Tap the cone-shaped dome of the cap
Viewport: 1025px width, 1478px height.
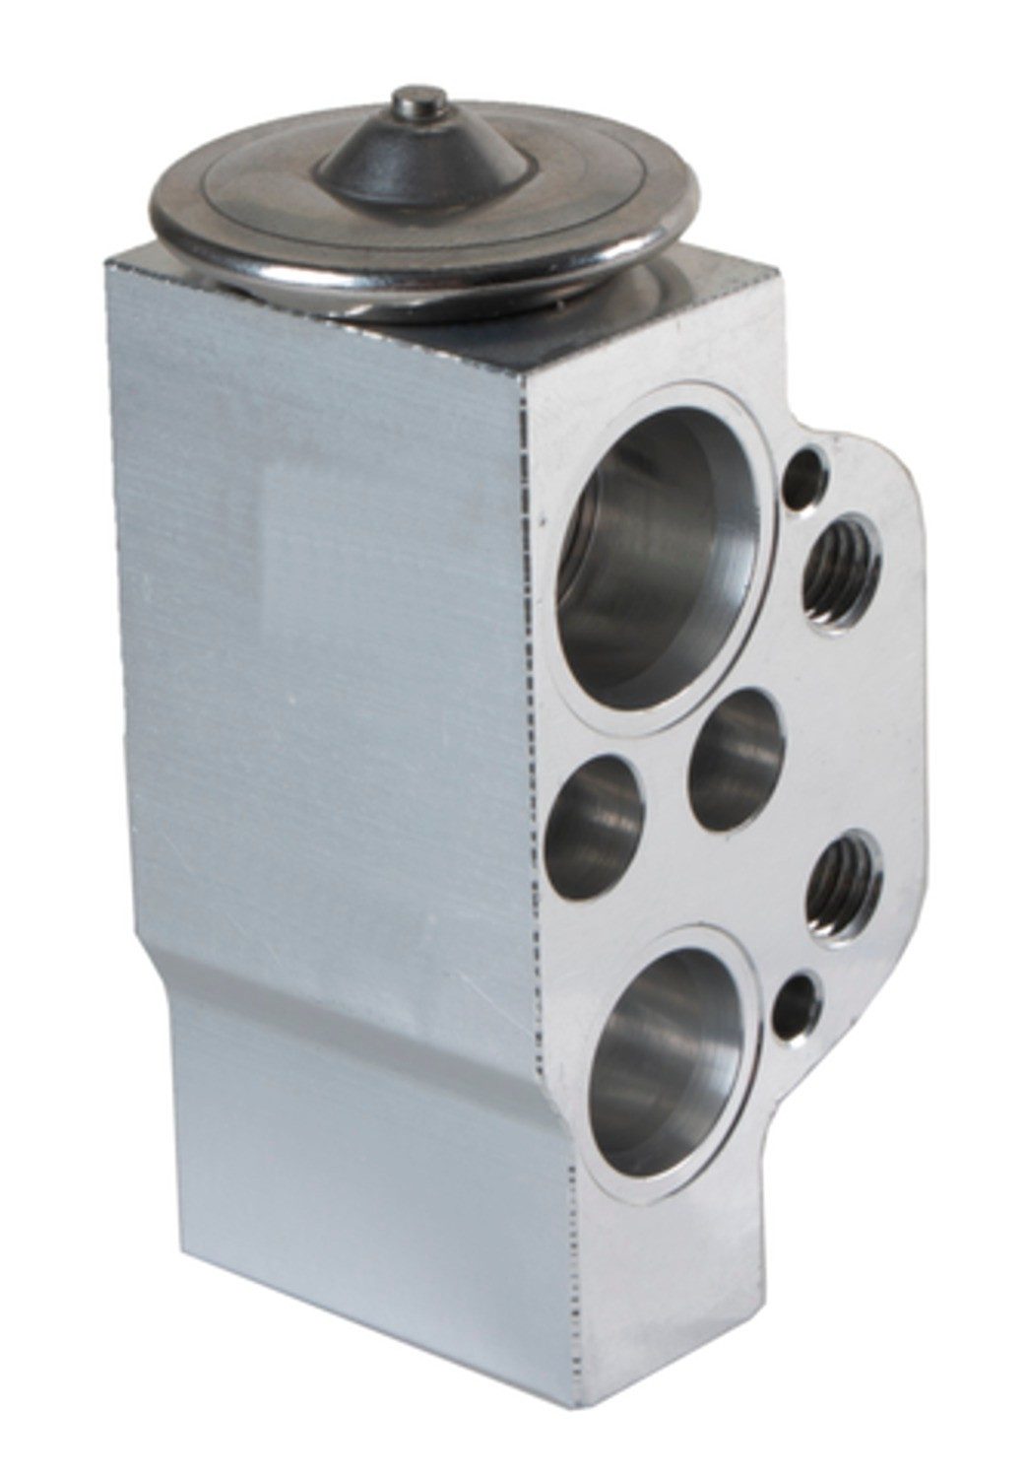pos(414,158)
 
